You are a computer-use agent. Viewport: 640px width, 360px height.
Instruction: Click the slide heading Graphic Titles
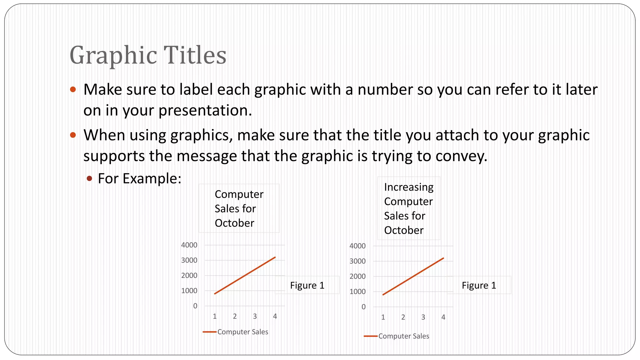pyautogui.click(x=148, y=55)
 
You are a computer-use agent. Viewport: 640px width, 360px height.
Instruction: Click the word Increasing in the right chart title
pyautogui.click(x=409, y=187)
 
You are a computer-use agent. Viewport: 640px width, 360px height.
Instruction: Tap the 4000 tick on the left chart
pyautogui.click(x=189, y=245)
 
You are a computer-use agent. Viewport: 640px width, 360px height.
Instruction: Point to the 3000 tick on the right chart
pyautogui.click(x=357, y=261)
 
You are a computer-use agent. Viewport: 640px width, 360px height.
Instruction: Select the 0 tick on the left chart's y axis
pyautogui.click(x=195, y=306)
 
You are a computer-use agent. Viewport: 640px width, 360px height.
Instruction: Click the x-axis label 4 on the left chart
pyautogui.click(x=275, y=316)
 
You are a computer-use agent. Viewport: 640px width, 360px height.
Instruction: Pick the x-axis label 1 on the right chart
pyautogui.click(x=383, y=317)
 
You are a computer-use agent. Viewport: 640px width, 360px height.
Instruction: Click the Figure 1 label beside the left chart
pyautogui.click(x=307, y=285)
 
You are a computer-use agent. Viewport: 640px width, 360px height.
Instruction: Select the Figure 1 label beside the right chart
pyautogui.click(x=479, y=285)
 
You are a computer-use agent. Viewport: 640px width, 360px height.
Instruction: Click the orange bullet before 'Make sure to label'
pyautogui.click(x=73, y=90)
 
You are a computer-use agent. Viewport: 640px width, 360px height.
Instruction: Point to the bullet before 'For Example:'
pyautogui.click(x=90, y=178)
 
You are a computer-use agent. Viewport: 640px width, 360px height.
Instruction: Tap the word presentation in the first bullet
pyautogui.click(x=205, y=110)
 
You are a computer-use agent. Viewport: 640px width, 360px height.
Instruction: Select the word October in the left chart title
pyautogui.click(x=234, y=223)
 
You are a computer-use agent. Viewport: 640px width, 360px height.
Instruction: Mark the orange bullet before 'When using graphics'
pyautogui.click(x=73, y=135)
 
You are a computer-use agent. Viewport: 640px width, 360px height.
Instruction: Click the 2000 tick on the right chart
pyautogui.click(x=357, y=276)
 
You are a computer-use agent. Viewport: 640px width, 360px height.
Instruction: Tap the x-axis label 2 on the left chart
pyautogui.click(x=235, y=316)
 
